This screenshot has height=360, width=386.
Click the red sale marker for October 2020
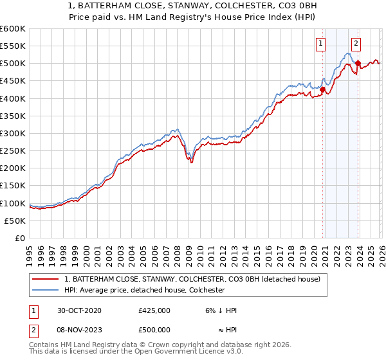point(323,89)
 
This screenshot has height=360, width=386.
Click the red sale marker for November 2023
point(358,63)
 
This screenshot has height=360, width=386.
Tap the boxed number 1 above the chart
point(320,44)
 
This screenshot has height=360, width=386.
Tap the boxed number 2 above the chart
point(356,44)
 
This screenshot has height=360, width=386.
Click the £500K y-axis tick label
point(13,64)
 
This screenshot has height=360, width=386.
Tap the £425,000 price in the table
point(154,310)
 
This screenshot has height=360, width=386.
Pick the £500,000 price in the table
point(154,330)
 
